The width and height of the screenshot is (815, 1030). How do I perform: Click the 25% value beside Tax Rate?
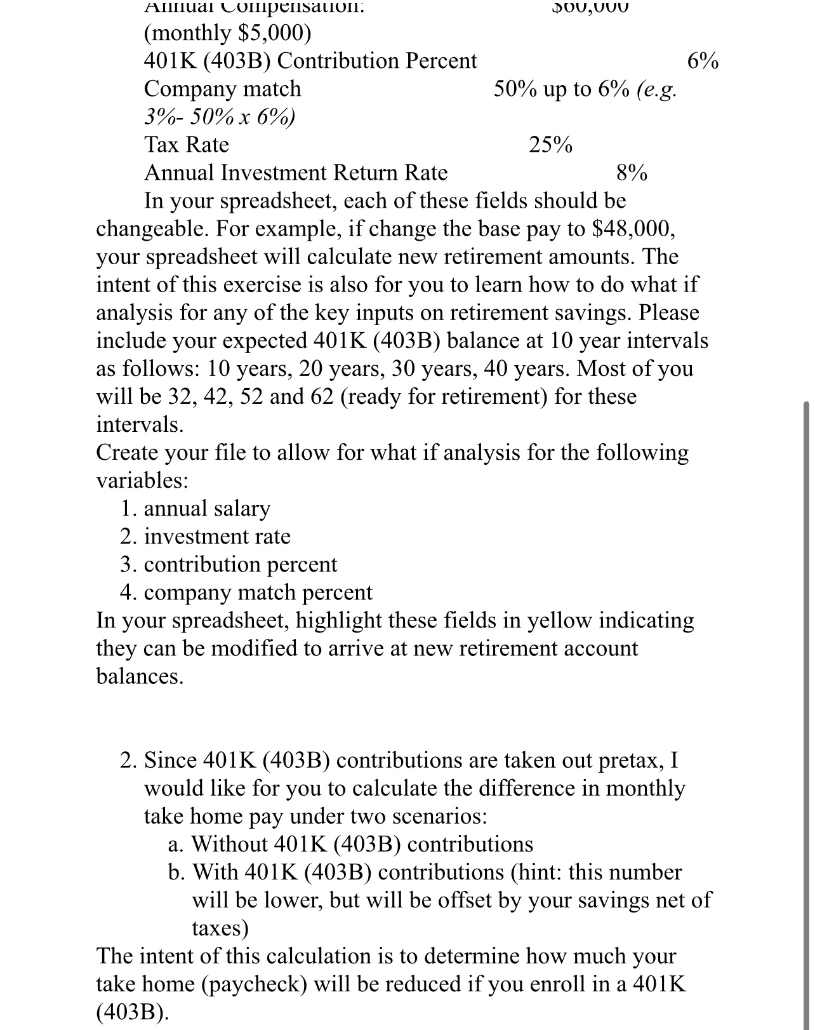(x=550, y=145)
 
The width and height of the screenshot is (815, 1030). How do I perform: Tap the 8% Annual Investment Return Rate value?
(x=632, y=173)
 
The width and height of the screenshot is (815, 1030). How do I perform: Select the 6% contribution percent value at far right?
(x=703, y=62)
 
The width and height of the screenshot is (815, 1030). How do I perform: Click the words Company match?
(x=222, y=89)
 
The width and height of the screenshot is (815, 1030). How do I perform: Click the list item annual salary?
(x=207, y=508)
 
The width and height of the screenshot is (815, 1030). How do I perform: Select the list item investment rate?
(x=217, y=537)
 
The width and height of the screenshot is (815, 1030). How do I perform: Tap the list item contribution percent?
(x=241, y=565)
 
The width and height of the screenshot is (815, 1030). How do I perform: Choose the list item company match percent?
(x=258, y=592)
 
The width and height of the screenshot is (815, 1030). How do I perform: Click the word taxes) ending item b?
(x=220, y=928)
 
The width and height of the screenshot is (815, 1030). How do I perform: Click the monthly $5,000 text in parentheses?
(x=228, y=34)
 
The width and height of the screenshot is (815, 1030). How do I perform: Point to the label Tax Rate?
(x=187, y=145)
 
